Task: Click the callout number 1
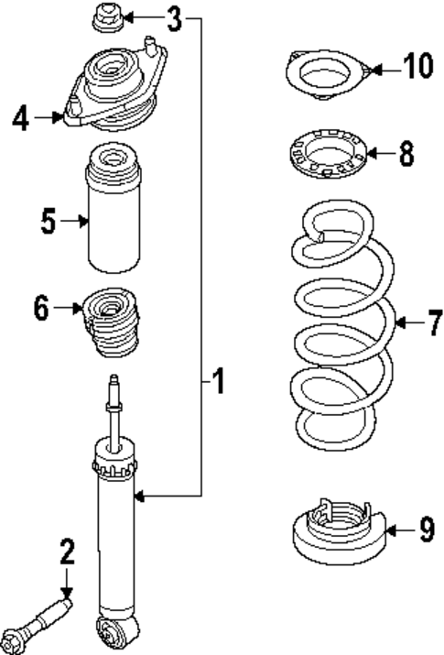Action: (x=218, y=380)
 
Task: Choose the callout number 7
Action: (x=433, y=322)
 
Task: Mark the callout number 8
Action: (x=406, y=153)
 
